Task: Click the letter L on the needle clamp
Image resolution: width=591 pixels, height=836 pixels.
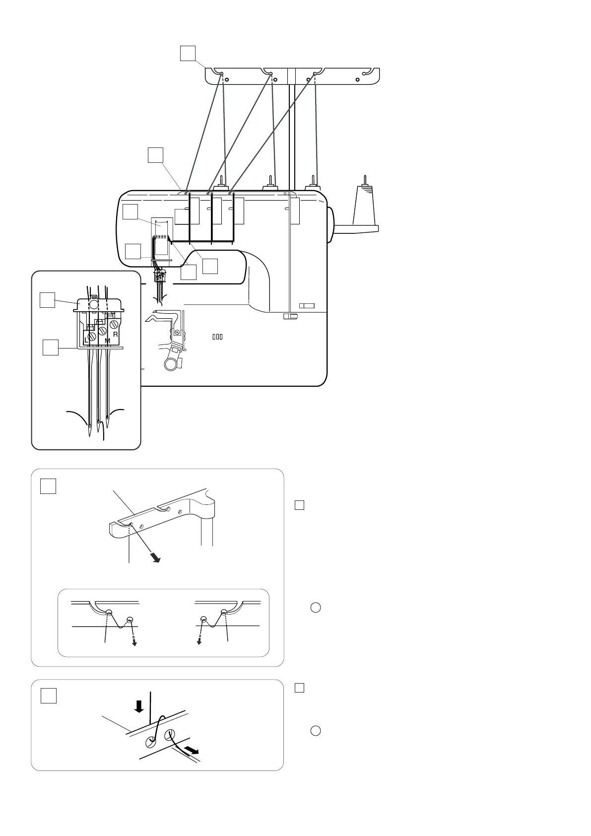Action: click(x=86, y=341)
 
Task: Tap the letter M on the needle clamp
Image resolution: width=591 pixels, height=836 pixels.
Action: click(x=108, y=341)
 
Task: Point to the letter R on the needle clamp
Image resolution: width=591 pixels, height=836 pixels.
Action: click(x=115, y=335)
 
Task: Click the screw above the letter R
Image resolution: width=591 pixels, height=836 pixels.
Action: click(x=114, y=325)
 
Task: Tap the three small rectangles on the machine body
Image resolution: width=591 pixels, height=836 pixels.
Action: click(x=217, y=337)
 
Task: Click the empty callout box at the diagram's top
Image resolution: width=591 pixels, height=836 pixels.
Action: click(x=188, y=53)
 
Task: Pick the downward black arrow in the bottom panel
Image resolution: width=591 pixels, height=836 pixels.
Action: click(x=139, y=706)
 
